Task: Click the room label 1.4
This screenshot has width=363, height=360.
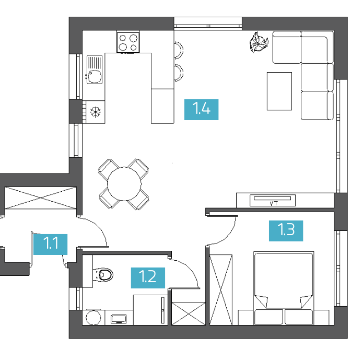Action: click(x=201, y=110)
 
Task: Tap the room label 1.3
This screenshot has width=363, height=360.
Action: click(x=286, y=231)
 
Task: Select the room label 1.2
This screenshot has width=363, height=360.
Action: click(x=148, y=278)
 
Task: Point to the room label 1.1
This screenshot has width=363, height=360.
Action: click(x=51, y=245)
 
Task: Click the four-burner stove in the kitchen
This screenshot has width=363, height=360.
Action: click(x=128, y=42)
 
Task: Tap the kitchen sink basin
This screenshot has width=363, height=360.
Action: click(x=95, y=76)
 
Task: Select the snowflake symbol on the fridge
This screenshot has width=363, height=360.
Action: click(x=96, y=112)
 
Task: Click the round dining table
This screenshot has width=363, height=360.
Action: click(x=124, y=184)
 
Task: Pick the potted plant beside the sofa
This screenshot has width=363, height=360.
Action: click(x=259, y=42)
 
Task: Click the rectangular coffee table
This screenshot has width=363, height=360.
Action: click(x=279, y=91)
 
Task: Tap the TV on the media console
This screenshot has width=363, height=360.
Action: click(x=273, y=201)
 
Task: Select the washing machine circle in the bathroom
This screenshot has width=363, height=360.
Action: click(x=93, y=318)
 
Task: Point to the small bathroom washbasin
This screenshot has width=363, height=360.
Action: click(x=119, y=319)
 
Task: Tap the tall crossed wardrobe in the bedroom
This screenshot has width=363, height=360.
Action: click(x=220, y=290)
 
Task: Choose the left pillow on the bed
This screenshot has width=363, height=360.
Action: click(x=268, y=317)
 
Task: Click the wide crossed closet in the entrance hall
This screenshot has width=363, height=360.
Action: click(x=41, y=198)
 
